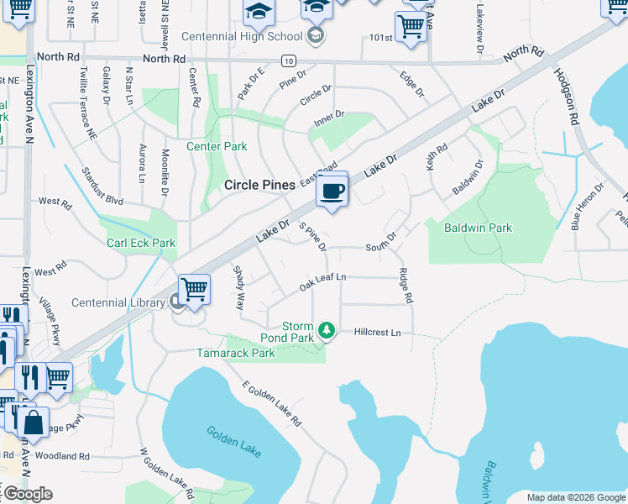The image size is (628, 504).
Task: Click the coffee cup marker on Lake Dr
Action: click(x=332, y=192)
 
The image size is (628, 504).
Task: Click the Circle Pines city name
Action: click(x=259, y=185)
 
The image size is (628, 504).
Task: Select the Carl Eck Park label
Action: click(x=141, y=243)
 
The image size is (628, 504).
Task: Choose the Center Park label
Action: click(x=217, y=146)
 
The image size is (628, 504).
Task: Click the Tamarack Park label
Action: click(x=236, y=354)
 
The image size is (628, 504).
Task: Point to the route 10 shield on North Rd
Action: click(x=288, y=60)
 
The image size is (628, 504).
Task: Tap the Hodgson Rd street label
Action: click(x=567, y=96)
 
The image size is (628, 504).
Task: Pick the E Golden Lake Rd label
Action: click(x=271, y=403)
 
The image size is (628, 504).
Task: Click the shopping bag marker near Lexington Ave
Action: click(x=33, y=423)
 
